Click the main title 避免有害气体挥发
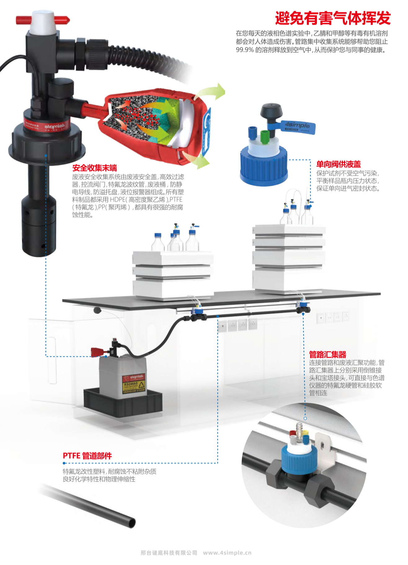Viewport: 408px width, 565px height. (x=333, y=18)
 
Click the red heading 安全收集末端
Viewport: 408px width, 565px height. (x=95, y=168)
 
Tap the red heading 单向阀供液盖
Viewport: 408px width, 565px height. (x=338, y=164)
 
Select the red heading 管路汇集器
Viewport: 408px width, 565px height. (x=327, y=354)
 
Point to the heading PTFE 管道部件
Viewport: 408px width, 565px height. (x=87, y=455)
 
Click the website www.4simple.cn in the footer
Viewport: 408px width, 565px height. (x=227, y=553)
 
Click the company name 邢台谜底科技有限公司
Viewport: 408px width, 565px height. (x=169, y=553)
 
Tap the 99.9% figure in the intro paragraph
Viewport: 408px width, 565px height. (x=245, y=50)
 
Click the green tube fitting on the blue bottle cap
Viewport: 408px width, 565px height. (x=264, y=137)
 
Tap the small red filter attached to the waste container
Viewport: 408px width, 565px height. (x=98, y=352)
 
